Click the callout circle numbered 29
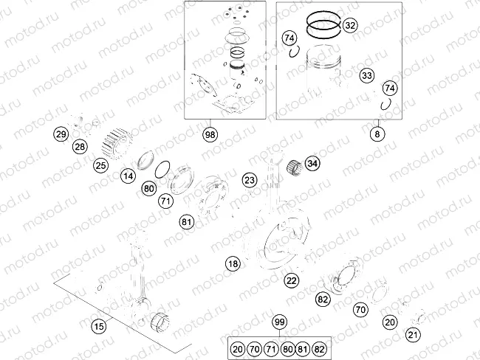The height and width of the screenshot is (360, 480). coord(61,134)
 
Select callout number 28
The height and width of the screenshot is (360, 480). coord(80,146)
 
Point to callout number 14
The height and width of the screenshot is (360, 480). coord(128,176)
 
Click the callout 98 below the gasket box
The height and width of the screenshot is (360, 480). coord(210,134)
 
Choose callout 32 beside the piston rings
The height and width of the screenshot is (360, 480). coord(350,26)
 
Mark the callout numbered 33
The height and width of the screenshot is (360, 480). coord(366,75)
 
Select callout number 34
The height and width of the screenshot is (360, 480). coord(312,163)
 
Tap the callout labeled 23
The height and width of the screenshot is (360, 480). coord(250,180)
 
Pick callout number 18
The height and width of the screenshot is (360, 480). coord(233,263)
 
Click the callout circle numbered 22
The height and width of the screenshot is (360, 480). coord(292,280)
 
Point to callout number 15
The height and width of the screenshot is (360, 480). coord(97,325)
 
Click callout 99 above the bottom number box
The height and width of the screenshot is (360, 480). coord(279,322)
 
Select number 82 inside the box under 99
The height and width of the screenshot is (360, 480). coord(319,347)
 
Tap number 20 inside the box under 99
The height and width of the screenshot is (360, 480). coord(237,347)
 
